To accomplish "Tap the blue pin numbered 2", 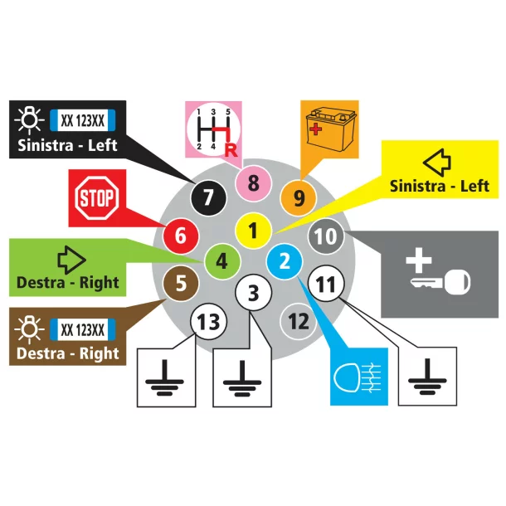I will [x=285, y=262].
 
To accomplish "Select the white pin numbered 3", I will [x=254, y=293].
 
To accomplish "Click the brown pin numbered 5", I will [x=182, y=282].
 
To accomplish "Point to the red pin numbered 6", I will [x=179, y=236].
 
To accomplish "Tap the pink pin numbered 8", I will [x=253, y=182].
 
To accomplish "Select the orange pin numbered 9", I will [x=299, y=197].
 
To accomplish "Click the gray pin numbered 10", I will [x=326, y=237].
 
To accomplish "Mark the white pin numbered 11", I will [x=327, y=285].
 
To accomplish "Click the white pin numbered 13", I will [x=208, y=321].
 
